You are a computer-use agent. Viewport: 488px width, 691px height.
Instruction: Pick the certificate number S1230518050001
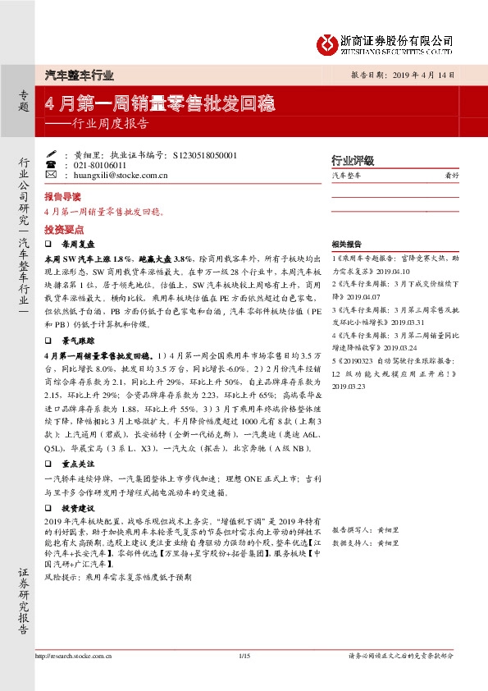[206, 154]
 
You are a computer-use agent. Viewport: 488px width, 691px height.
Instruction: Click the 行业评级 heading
[352, 160]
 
